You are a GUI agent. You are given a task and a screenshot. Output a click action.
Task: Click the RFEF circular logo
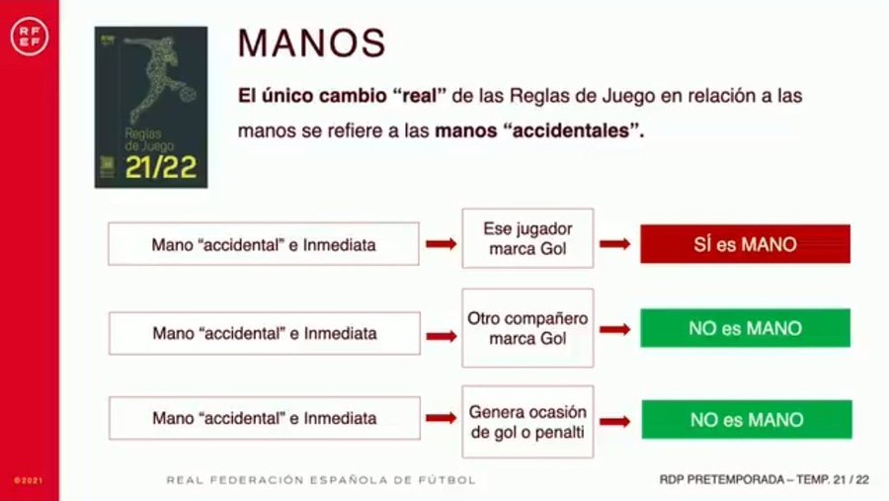click(30, 37)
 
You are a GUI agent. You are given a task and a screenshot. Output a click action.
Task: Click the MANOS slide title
click(312, 43)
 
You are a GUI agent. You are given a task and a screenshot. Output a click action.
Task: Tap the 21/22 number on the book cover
click(161, 167)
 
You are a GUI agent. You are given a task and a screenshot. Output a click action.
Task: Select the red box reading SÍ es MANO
click(745, 244)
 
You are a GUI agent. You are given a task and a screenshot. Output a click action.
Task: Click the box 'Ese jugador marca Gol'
click(527, 238)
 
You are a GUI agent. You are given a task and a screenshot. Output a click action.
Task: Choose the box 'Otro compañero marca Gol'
click(527, 328)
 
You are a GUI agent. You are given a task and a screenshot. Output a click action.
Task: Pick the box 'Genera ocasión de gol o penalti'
click(527, 422)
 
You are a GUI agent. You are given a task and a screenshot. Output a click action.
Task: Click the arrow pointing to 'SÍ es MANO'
click(615, 244)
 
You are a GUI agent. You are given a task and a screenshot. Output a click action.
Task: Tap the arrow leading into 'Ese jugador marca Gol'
click(442, 244)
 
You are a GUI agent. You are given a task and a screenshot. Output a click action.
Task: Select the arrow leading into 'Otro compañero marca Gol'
click(442, 336)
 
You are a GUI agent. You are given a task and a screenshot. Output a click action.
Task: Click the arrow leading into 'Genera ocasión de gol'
click(442, 418)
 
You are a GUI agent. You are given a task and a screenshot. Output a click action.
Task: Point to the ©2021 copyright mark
click(29, 480)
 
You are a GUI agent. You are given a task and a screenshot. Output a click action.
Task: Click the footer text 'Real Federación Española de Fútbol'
click(321, 480)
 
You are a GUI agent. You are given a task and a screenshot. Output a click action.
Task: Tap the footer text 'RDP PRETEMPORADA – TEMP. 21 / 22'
click(764, 480)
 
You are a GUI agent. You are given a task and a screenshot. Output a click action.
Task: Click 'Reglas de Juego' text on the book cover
click(149, 139)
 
